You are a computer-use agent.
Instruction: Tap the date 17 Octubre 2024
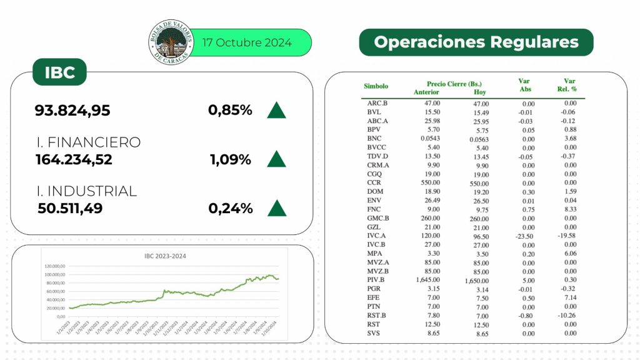click(247, 42)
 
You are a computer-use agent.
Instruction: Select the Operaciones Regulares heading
click(476, 42)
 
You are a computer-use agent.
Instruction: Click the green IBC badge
click(60, 72)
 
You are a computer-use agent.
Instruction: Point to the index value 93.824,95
click(72, 111)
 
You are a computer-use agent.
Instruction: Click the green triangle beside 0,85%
click(276, 110)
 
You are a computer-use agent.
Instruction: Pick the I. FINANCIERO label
click(88, 142)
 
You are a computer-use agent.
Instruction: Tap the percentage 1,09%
click(231, 159)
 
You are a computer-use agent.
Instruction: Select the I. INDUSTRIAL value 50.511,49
click(70, 208)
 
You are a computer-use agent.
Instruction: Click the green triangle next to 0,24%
click(276, 207)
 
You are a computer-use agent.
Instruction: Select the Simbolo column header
click(376, 86)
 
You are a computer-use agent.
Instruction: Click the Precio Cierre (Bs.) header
click(454, 84)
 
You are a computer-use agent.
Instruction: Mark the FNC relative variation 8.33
click(569, 209)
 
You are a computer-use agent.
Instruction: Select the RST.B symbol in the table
click(377, 316)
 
